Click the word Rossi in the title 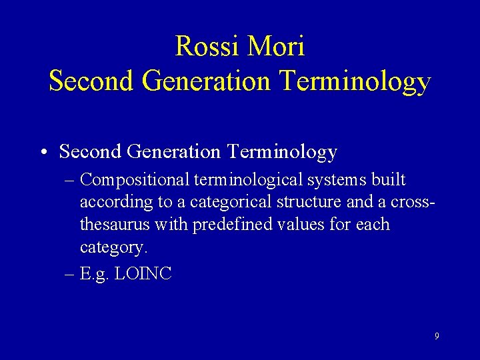(x=207, y=46)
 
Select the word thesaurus (x=114, y=225)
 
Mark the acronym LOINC (x=143, y=273)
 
